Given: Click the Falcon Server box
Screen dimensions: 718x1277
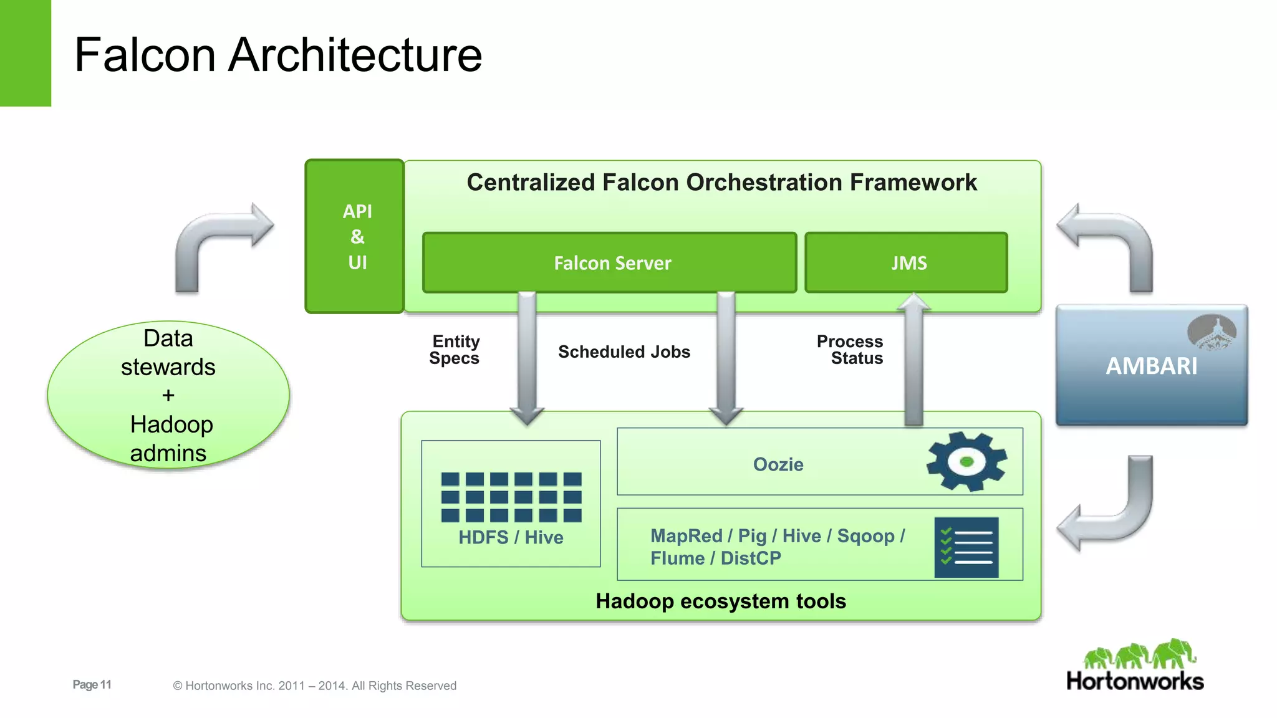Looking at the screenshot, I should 610,263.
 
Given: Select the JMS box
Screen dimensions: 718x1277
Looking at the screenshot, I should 906,263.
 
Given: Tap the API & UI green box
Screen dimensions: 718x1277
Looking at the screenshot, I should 355,237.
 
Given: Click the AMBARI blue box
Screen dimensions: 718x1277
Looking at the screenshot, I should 1151,366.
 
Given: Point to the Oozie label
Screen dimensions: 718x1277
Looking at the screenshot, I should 778,464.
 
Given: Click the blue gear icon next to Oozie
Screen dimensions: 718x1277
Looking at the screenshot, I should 966,462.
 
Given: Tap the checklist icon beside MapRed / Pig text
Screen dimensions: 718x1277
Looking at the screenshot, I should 966,547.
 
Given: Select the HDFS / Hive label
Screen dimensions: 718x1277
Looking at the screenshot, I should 511,537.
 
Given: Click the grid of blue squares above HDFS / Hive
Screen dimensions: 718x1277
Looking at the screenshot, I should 511,497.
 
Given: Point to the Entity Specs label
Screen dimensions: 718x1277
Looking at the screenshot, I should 455,350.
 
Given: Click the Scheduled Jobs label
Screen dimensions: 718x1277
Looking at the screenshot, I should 624,352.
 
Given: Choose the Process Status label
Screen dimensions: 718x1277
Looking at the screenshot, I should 851,350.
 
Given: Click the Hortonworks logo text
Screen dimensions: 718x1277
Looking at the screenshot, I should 1135,681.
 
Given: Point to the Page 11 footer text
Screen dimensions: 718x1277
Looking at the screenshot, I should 92,684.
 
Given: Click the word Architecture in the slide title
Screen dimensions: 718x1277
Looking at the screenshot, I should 355,55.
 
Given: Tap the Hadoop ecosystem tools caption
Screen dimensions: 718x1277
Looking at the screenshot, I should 720,601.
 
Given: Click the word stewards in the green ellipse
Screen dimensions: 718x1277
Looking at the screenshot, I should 168,367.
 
